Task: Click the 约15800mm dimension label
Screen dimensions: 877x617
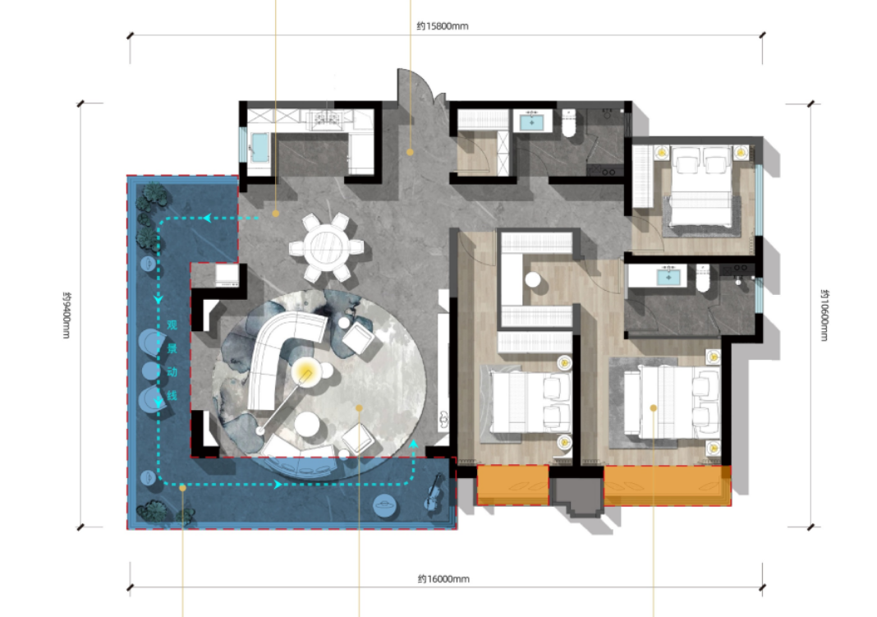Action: click(443, 25)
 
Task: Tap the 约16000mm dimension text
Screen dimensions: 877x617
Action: click(443, 579)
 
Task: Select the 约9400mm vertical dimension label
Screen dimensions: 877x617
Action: click(66, 315)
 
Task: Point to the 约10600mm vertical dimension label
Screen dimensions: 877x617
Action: click(824, 315)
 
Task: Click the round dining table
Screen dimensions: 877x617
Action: click(326, 246)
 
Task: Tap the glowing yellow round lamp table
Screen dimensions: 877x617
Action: click(305, 371)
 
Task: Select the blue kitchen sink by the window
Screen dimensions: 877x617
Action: click(259, 148)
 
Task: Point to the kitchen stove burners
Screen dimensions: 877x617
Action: click(325, 118)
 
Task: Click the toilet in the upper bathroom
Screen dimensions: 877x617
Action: click(569, 123)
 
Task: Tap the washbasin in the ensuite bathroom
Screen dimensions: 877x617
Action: click(668, 276)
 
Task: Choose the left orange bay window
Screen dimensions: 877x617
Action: click(512, 485)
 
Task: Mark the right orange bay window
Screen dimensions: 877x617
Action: click(668, 486)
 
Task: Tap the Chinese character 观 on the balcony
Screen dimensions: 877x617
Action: click(172, 325)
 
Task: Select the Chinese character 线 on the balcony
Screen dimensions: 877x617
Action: click(172, 395)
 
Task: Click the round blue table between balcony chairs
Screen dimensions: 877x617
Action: click(151, 371)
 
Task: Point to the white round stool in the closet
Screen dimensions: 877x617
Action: click(532, 279)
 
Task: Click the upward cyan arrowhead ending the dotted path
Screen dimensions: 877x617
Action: click(414, 444)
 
